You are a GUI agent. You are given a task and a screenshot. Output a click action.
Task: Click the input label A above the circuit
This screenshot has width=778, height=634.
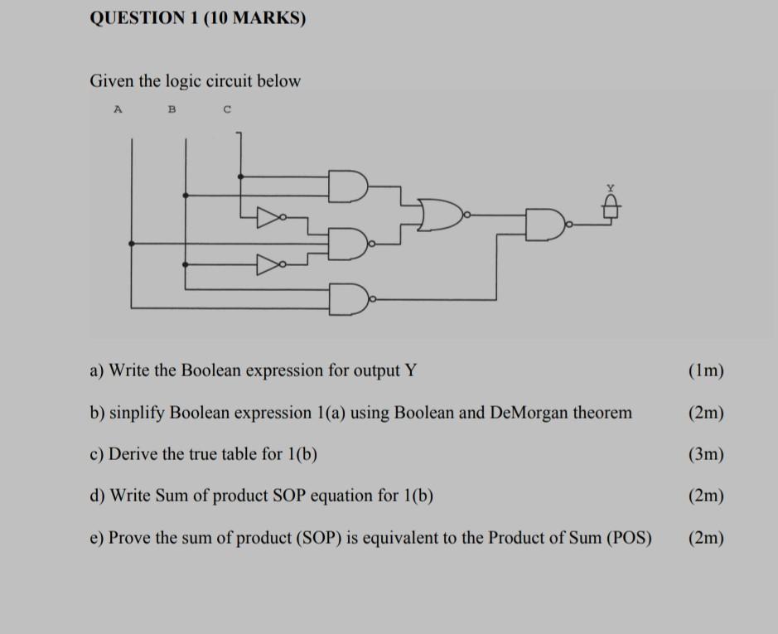point(118,109)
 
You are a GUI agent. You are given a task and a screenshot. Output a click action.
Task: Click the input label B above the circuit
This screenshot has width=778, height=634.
point(172,109)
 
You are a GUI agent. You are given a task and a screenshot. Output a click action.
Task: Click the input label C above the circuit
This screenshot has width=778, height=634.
point(226,109)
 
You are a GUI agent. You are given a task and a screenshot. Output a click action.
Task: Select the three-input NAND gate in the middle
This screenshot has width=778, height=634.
point(348,244)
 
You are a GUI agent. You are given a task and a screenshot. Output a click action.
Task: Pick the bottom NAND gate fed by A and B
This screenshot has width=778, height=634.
point(349,298)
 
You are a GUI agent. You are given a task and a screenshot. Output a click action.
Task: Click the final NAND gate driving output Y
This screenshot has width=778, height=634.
point(543,225)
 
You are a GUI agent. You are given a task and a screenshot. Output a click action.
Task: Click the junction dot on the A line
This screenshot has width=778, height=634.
point(131,244)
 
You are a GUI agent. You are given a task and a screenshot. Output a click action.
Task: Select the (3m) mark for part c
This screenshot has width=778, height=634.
point(706,454)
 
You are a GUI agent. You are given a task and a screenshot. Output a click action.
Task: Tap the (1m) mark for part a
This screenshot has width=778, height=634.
point(706,370)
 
